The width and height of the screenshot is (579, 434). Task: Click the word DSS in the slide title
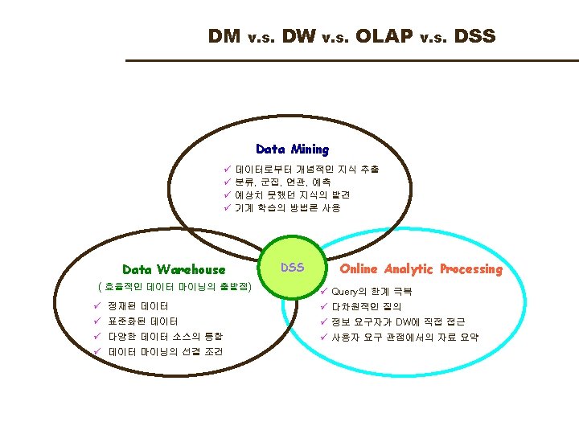coord(474,36)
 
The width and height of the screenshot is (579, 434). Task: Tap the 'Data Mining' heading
coord(292,149)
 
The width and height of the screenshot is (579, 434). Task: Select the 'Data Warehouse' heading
coord(173,269)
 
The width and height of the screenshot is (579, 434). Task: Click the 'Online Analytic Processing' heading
coord(421,269)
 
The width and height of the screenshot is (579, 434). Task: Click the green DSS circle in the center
coord(292,268)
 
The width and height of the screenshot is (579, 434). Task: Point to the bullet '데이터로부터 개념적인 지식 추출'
coord(306,170)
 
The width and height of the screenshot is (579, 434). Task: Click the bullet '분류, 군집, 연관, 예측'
coord(281,182)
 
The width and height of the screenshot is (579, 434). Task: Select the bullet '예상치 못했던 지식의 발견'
coord(292,194)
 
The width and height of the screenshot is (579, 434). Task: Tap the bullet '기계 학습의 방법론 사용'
coord(287,207)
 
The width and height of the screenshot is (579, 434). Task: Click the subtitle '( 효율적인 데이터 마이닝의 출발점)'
coord(174,286)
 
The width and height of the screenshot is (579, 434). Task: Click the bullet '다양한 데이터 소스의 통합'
coord(165,336)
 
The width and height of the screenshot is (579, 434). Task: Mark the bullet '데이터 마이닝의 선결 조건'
coord(165,351)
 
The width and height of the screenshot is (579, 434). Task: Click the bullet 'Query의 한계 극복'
coord(372,292)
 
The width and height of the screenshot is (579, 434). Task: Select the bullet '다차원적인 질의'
coord(366,306)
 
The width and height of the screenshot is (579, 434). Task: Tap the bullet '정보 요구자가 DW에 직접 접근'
coord(398,321)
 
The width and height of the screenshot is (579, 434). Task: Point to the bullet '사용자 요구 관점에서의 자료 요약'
coord(405,337)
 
